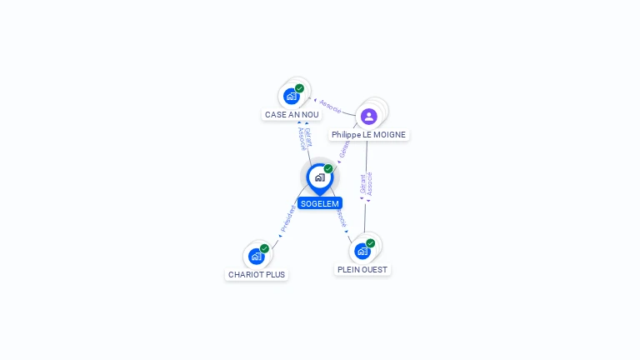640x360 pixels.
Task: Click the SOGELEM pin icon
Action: [x=319, y=177]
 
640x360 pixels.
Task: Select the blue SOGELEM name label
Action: [x=320, y=203]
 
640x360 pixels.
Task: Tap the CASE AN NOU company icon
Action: [x=291, y=96]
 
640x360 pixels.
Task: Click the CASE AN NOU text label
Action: [x=292, y=115]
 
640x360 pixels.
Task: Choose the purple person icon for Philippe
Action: [x=369, y=116]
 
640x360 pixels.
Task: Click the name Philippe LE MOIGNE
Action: [x=369, y=134]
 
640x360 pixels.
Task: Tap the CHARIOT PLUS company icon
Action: [x=256, y=256]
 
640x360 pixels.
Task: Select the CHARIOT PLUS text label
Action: [x=257, y=274]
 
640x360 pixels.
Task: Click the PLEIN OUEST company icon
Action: [x=362, y=251]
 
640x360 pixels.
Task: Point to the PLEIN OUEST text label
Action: [x=362, y=270]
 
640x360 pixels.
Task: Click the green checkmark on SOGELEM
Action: [x=328, y=169]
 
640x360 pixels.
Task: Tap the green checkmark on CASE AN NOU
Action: [x=299, y=88]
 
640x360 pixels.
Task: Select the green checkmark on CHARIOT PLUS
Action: [x=264, y=248]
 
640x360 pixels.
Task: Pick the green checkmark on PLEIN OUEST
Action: [x=370, y=243]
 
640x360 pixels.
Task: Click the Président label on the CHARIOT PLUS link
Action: [x=287, y=218]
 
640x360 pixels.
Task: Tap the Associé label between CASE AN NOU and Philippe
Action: [x=330, y=106]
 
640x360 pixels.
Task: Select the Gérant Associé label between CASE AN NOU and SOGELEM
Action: [x=305, y=138]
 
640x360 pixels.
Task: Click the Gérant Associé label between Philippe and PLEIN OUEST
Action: [x=366, y=184]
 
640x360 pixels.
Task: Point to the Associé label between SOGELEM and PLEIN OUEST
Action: [x=341, y=217]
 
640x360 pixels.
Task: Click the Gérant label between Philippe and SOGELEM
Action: [x=344, y=149]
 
